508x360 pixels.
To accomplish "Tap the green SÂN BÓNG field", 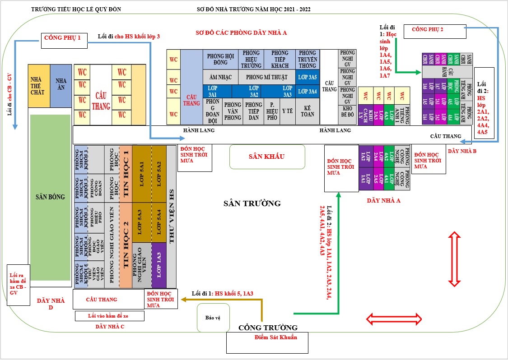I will point(50,197).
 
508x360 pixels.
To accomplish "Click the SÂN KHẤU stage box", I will point(267,157).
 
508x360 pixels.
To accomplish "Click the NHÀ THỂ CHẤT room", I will point(39,86).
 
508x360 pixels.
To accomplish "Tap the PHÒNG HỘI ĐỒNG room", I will point(220,59).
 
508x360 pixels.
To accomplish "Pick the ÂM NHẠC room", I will point(220,77).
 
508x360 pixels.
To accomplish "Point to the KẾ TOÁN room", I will point(309,111).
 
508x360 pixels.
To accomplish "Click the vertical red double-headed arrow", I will point(454,257).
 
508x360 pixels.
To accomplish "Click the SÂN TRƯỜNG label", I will point(252,203).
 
